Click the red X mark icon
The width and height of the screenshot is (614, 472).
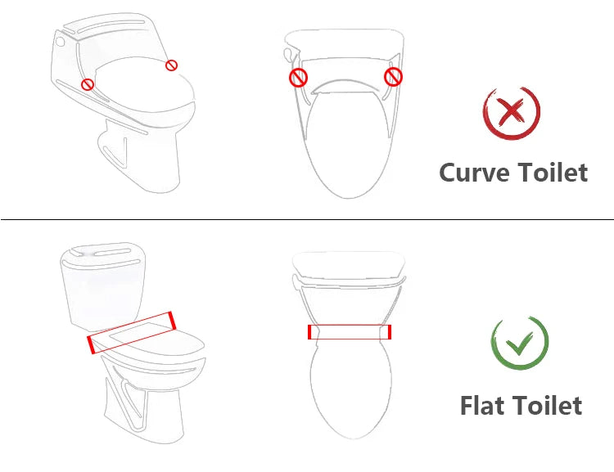click(511, 112)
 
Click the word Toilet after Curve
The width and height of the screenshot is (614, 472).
click(552, 173)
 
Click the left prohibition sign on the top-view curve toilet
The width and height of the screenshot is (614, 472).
click(299, 78)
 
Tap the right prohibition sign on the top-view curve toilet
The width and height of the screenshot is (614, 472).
click(394, 77)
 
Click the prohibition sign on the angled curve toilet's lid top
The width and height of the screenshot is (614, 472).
click(172, 65)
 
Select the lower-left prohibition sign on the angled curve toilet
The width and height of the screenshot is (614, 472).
click(88, 83)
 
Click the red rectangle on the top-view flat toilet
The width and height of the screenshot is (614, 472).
click(349, 331)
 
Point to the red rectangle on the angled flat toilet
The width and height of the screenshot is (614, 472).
click(131, 332)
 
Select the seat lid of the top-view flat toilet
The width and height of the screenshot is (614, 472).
click(349, 384)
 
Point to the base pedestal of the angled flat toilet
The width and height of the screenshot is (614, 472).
click(131, 401)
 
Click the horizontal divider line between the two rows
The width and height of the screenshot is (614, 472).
click(307, 219)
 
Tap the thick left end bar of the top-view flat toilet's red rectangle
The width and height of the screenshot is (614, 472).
click(309, 331)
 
